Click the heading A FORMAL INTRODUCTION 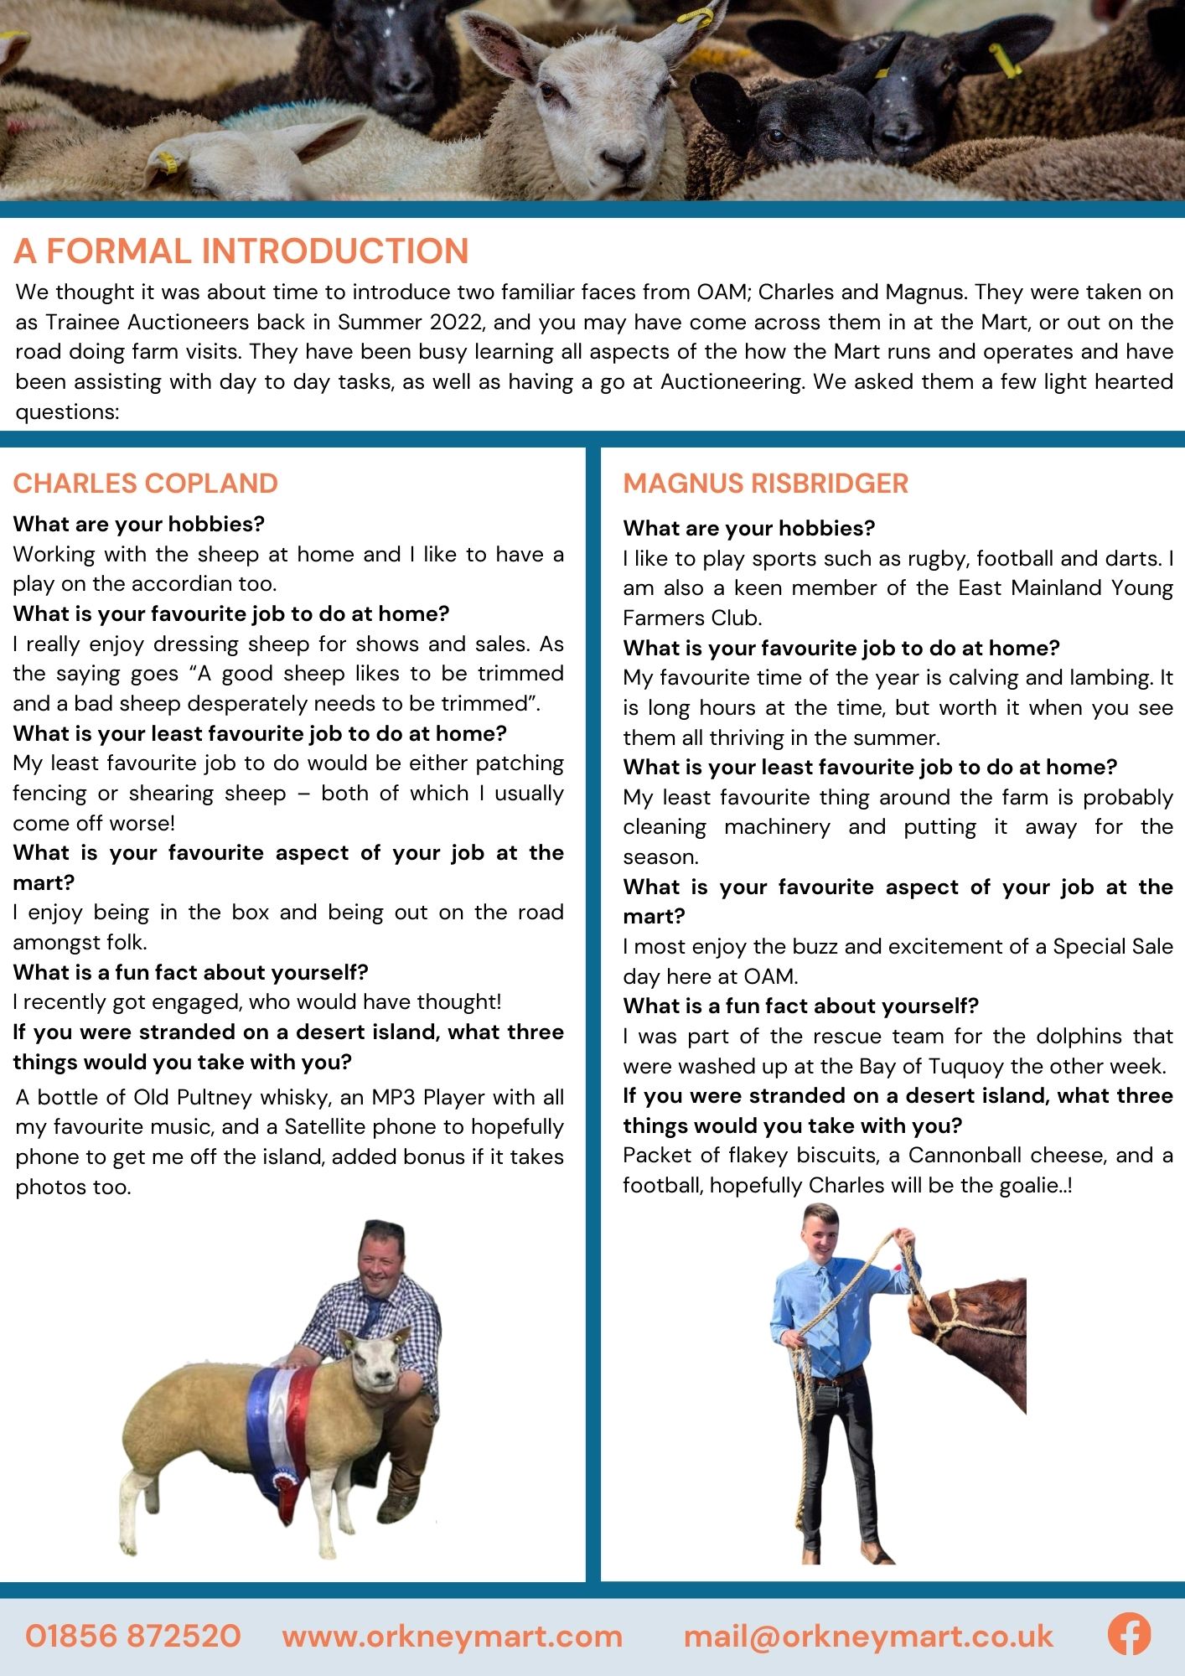[x=241, y=251]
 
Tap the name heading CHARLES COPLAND [x=145, y=484]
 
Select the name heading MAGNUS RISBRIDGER [x=765, y=484]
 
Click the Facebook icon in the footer [x=1129, y=1635]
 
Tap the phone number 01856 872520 [x=133, y=1636]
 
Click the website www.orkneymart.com [x=453, y=1636]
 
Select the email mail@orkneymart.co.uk [x=868, y=1636]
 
